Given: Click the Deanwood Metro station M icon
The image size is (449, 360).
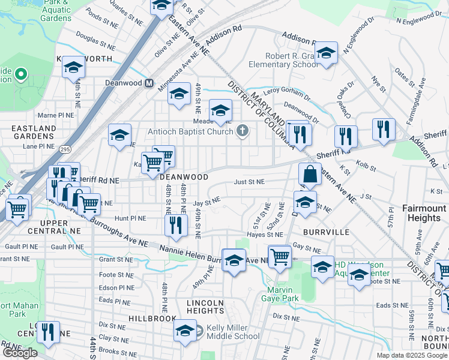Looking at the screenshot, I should tap(147, 83).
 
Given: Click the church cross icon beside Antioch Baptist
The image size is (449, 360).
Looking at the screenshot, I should tap(243, 130).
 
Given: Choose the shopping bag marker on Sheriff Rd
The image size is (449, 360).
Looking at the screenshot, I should tap(310, 175).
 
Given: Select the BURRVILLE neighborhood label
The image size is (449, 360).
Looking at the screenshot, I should tap(326, 231).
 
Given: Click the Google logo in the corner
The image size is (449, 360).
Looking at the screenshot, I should tap(20, 353).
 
